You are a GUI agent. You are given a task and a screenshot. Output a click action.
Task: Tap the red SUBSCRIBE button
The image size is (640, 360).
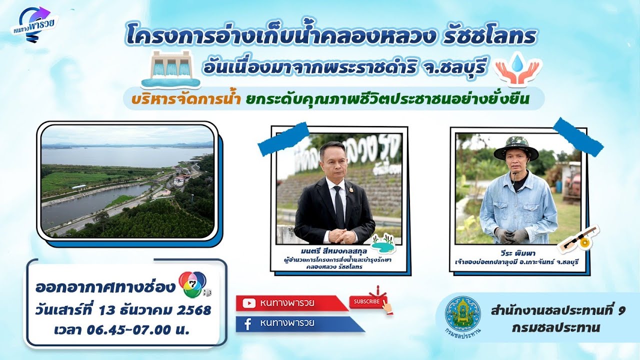point(367,301)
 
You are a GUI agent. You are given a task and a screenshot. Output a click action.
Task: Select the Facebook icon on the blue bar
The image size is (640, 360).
point(247,323)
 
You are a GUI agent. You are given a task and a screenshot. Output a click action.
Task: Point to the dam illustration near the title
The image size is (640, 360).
point(170,68)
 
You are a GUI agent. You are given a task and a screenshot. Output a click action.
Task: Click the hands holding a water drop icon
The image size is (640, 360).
point(517,69)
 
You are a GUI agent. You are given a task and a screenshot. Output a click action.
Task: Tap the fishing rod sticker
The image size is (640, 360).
point(579,239)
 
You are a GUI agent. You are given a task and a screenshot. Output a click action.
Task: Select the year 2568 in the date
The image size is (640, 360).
point(194,310)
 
